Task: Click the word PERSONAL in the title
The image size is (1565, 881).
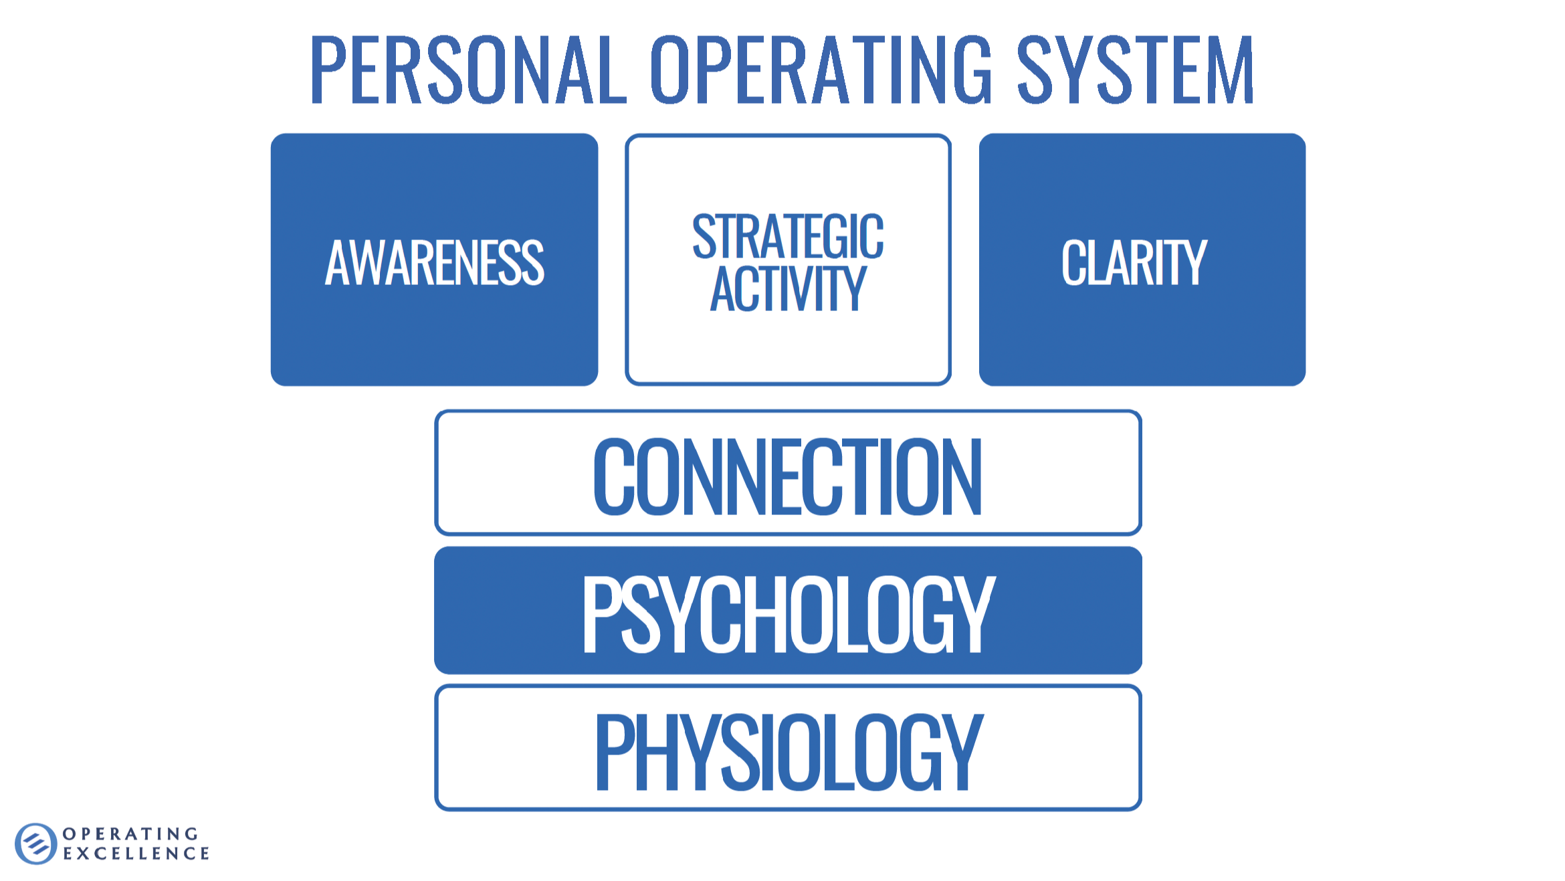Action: coord(467,70)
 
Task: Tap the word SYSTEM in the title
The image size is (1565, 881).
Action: coord(1135,70)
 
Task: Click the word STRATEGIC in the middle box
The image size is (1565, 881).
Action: coord(788,236)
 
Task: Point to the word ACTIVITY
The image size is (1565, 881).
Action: coord(788,289)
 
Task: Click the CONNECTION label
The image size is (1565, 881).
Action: coord(788,476)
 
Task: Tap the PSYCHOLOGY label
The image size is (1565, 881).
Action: coord(788,613)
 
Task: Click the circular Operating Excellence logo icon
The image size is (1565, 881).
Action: coord(36,844)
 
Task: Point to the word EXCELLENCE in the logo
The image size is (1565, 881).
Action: coord(136,854)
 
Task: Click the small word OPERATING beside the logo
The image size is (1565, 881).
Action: coord(131,834)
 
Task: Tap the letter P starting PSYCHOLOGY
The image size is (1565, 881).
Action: coord(600,613)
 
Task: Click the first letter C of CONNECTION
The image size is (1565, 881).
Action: coord(613,476)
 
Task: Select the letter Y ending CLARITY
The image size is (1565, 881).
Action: coord(1191,262)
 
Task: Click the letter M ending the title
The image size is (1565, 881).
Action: coord(1230,70)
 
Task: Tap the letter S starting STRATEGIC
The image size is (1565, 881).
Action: coord(704,236)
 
